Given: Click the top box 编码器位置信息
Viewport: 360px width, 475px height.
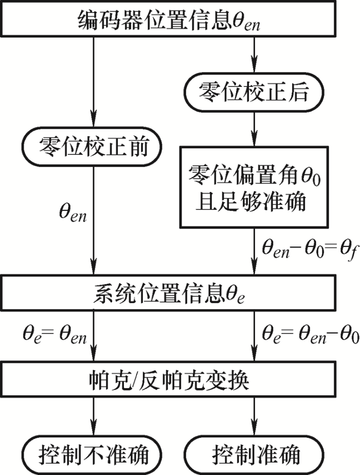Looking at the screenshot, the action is click(x=168, y=19).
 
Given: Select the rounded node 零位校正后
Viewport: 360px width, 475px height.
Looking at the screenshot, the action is click(x=254, y=92).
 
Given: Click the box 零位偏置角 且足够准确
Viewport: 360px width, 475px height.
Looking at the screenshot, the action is click(x=254, y=187).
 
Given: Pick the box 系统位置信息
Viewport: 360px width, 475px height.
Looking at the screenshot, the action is click(x=168, y=293).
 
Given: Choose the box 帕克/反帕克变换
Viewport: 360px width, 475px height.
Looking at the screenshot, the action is click(x=168, y=379).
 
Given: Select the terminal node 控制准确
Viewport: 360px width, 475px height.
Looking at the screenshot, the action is click(x=254, y=455).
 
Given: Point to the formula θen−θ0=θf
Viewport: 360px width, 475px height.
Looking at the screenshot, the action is click(x=310, y=251).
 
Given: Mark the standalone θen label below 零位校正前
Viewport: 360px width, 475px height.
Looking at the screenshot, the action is click(x=73, y=213).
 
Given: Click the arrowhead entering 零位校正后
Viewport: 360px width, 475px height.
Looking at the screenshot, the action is click(x=254, y=66).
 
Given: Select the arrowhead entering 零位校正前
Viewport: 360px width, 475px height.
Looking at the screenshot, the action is click(x=94, y=120).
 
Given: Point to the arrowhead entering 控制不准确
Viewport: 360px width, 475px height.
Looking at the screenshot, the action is click(x=94, y=430).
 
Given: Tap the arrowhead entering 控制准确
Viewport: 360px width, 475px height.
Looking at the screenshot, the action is click(x=254, y=430).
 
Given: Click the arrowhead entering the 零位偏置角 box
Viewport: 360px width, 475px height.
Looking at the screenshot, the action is click(x=254, y=140).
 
